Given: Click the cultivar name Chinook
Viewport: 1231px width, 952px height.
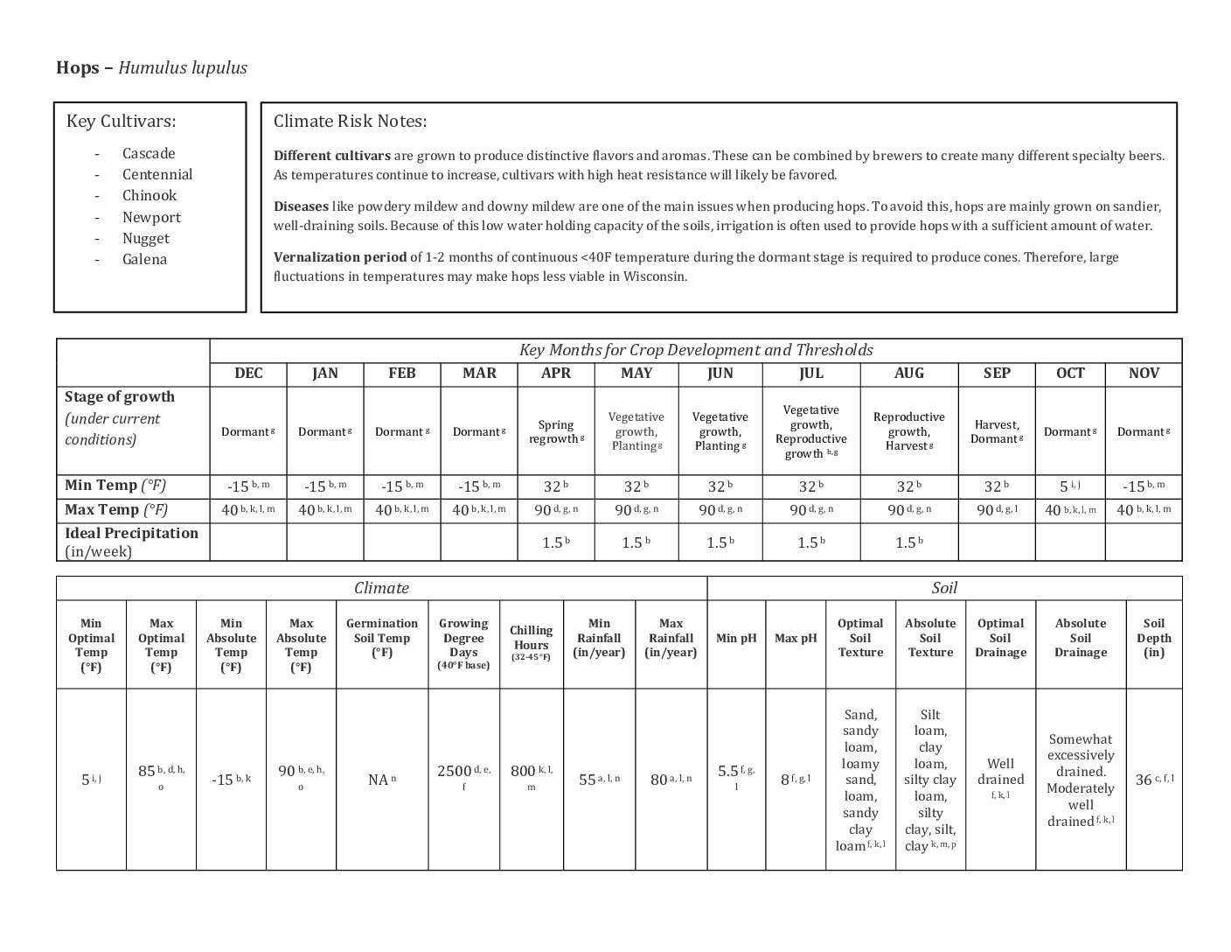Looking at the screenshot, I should pos(149,196).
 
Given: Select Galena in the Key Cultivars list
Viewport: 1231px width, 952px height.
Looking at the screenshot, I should pos(144,260).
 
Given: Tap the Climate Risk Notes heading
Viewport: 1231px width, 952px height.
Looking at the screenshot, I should pos(350,122).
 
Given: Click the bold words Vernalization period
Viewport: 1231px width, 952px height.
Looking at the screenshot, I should pos(340,257).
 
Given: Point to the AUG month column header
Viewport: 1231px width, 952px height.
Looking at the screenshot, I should pos(908,374).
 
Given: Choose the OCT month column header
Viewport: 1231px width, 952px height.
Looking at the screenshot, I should pos(1069,374).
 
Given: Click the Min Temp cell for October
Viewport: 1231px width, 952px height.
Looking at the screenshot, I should pos(1069,486).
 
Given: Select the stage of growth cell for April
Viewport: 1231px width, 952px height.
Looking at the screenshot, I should pos(555,431).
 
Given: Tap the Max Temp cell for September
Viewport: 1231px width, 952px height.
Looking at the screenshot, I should pos(996,510).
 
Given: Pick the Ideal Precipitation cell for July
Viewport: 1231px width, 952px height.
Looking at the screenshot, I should pos(810,542).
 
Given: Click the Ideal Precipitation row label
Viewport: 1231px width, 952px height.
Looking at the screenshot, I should pos(131,542).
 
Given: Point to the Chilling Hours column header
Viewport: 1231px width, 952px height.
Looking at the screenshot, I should pos(532,643).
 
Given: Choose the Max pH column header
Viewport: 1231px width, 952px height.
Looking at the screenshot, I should pos(795,638).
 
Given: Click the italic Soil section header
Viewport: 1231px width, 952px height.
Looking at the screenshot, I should pos(944,588).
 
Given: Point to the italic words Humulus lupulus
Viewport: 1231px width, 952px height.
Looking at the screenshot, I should pos(183,68).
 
